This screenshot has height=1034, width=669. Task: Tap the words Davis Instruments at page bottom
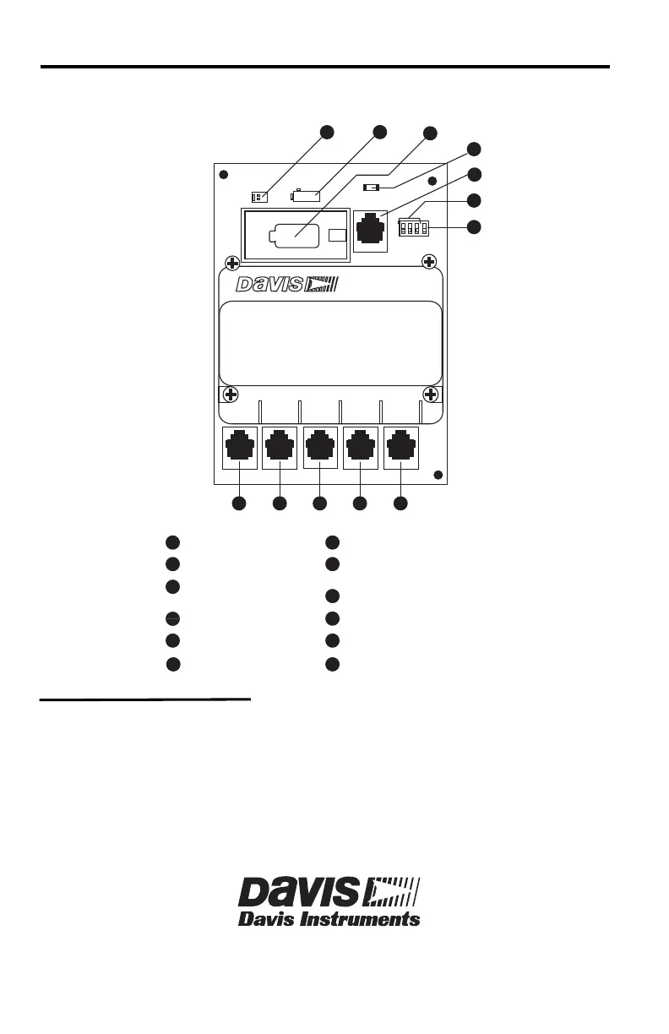pyautogui.click(x=329, y=918)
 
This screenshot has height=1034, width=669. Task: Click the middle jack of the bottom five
pyautogui.click(x=319, y=448)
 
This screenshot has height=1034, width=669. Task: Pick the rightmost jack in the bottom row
pyautogui.click(x=400, y=448)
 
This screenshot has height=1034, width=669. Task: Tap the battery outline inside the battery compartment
pyautogui.click(x=293, y=237)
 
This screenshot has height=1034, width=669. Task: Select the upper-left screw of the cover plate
pyautogui.click(x=231, y=262)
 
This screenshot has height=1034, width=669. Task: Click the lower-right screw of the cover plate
pyautogui.click(x=430, y=395)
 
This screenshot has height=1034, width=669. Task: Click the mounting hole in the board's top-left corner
pyautogui.click(x=223, y=176)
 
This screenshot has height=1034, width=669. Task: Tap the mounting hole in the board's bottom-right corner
pyautogui.click(x=438, y=475)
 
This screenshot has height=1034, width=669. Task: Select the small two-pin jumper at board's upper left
pyautogui.click(x=260, y=197)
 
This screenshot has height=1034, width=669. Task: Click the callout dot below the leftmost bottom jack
pyautogui.click(x=239, y=503)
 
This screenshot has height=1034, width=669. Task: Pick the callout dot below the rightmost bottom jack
pyautogui.click(x=401, y=503)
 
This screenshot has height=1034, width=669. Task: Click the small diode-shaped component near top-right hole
pyautogui.click(x=371, y=187)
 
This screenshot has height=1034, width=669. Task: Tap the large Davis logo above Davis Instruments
pyautogui.click(x=329, y=892)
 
